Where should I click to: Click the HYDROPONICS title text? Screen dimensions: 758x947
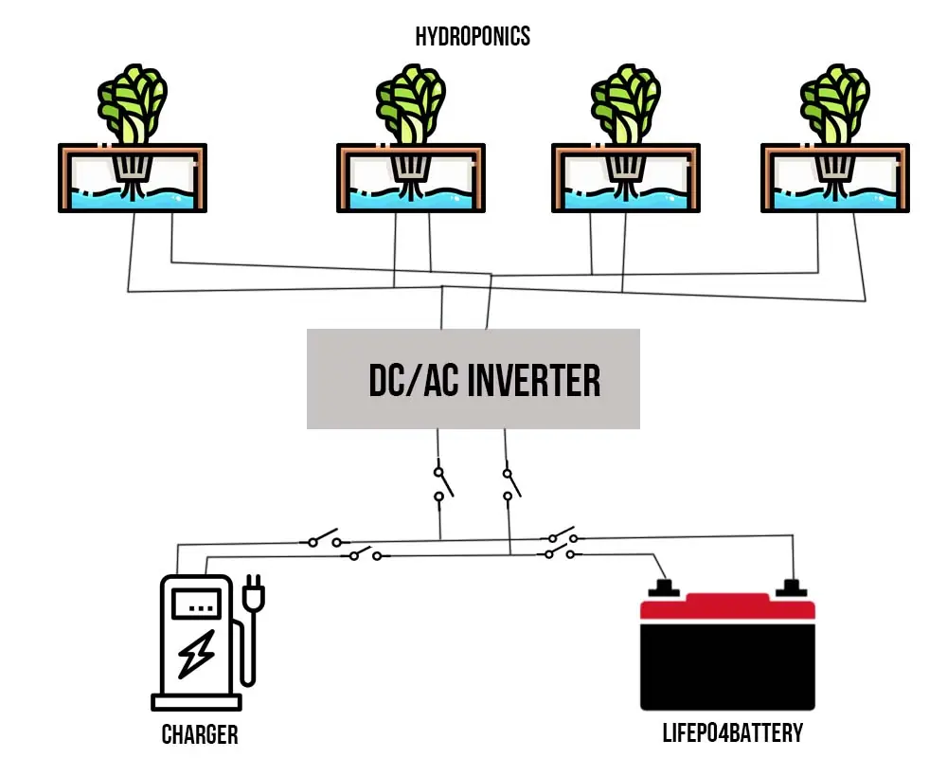click(473, 37)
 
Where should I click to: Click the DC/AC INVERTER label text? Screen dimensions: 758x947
click(484, 380)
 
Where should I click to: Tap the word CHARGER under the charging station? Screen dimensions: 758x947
click(200, 734)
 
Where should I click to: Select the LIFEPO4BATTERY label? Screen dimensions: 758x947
click(732, 732)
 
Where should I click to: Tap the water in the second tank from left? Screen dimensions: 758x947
click(411, 198)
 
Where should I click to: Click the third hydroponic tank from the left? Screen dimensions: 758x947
click(626, 178)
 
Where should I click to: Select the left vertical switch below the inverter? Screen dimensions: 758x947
click(440, 482)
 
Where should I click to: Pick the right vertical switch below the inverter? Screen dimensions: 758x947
click(509, 482)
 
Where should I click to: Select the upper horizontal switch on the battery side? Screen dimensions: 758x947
click(562, 535)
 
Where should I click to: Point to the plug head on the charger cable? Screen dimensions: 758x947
click(253, 596)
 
